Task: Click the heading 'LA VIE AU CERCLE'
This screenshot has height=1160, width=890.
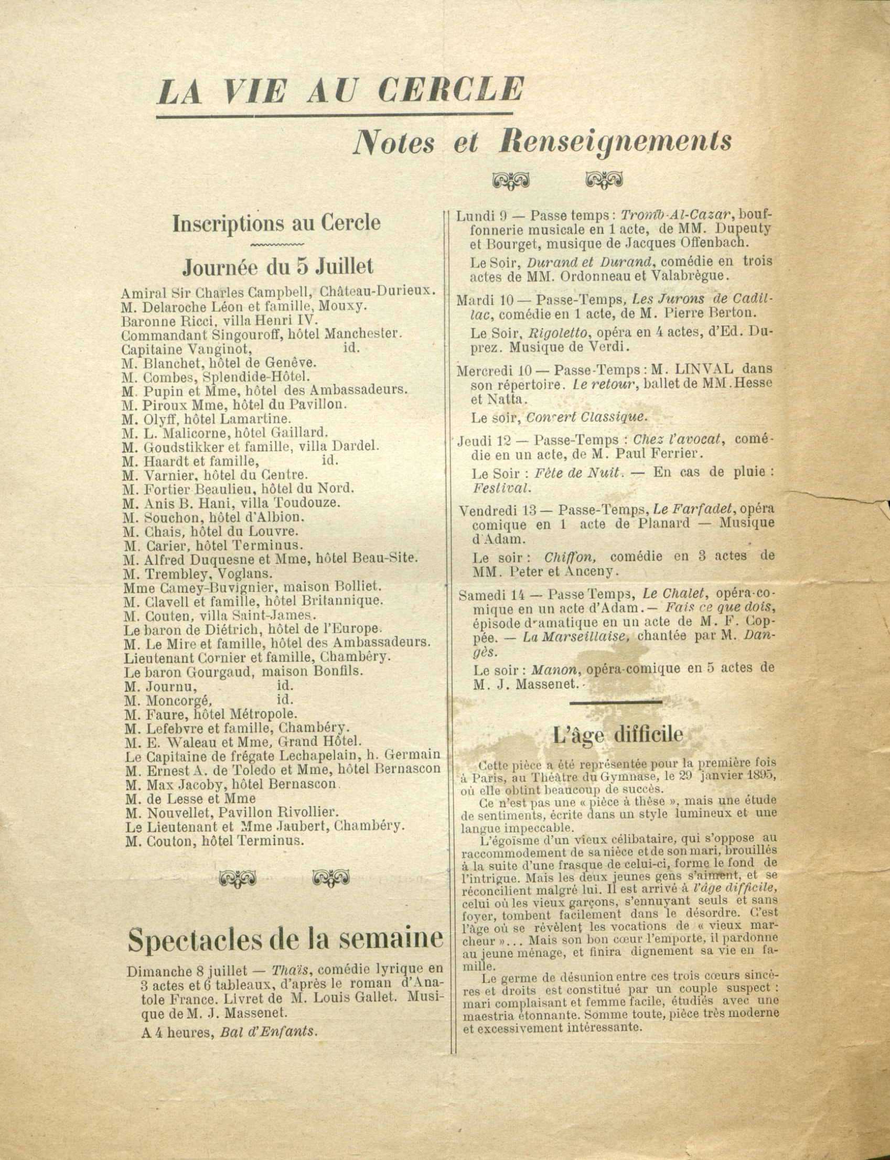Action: pyautogui.click(x=340, y=91)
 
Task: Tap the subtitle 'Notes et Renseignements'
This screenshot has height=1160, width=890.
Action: pyautogui.click(x=542, y=142)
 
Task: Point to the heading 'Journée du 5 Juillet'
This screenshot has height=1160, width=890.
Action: pyautogui.click(x=277, y=266)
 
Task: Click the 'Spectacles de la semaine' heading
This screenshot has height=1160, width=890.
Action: pyautogui.click(x=285, y=939)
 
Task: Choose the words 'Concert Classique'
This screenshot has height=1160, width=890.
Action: pyautogui.click(x=586, y=417)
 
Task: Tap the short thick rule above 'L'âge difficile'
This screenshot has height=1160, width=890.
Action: pyautogui.click(x=616, y=702)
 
